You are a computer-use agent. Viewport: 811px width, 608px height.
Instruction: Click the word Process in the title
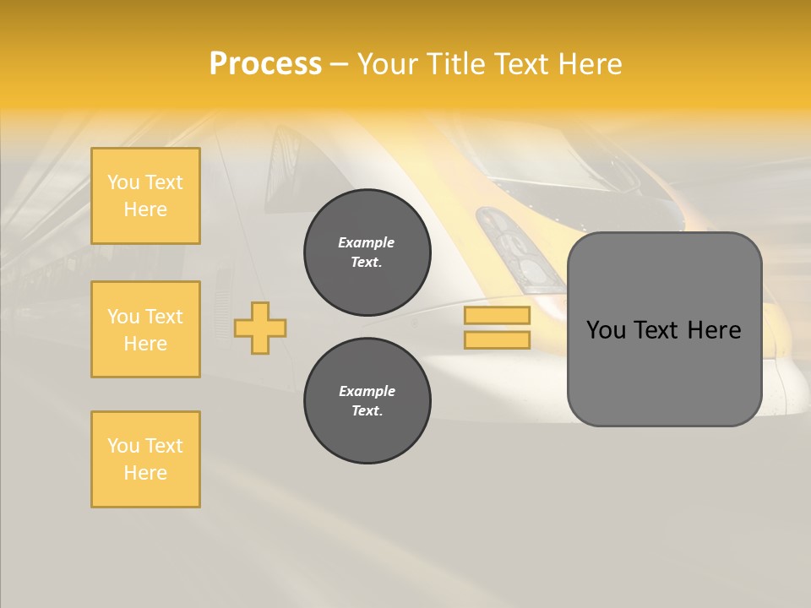[265, 64]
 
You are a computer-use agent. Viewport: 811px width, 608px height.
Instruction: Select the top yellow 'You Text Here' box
[145, 196]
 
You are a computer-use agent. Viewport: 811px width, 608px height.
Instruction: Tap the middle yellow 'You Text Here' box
[145, 329]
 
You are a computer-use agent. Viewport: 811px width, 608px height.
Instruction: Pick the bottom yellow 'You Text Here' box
[145, 459]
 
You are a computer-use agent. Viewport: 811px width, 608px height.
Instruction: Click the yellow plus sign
[260, 328]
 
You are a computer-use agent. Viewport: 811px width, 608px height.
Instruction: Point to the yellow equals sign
[497, 328]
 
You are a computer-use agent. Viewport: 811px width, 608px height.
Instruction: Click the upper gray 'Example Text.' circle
[367, 252]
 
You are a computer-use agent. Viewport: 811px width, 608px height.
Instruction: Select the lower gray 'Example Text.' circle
[367, 401]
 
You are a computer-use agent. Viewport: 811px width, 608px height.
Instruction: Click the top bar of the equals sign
[497, 316]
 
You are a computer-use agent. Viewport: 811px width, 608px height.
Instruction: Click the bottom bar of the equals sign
[497, 339]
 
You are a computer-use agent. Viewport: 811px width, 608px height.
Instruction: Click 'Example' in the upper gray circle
[367, 242]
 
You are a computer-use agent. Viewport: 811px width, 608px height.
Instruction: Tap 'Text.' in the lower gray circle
[367, 411]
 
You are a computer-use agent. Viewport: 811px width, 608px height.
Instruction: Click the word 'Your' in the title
[388, 64]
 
